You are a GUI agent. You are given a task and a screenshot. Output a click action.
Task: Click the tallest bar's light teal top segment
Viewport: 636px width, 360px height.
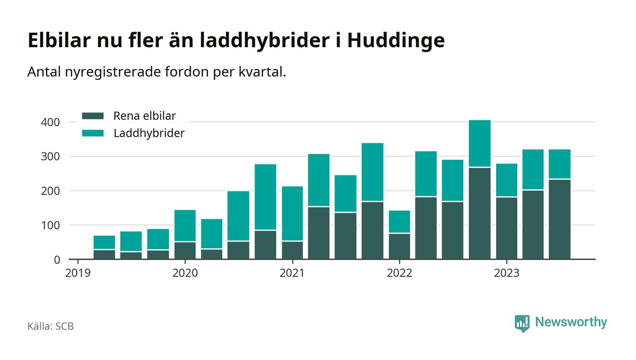pos(480,143)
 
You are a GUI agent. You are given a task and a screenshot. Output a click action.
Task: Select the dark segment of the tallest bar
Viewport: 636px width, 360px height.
pos(480,213)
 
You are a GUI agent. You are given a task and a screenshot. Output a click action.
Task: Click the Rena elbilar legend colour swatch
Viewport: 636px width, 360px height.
pos(93,116)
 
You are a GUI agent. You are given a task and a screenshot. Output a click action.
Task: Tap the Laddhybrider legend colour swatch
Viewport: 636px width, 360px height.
pos(93,133)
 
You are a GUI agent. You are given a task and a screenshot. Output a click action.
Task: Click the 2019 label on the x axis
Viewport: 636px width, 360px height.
pos(78,274)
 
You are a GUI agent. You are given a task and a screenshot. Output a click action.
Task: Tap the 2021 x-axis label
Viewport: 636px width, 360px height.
pos(293,274)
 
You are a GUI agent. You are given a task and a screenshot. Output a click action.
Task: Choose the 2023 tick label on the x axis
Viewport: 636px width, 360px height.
pos(507,274)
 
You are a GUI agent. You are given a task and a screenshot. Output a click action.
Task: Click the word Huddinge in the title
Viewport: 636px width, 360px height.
pos(396,41)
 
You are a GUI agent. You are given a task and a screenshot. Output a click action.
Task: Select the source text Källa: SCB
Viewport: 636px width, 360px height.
pos(50,326)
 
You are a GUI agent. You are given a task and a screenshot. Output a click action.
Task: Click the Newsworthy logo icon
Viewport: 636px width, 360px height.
pos(522,323)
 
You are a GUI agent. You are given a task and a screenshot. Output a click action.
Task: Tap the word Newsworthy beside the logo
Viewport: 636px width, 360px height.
pos(571,322)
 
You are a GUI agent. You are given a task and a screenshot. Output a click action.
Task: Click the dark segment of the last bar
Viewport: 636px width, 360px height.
pos(560,219)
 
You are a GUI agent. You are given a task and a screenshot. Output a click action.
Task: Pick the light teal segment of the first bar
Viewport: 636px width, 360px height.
pos(104,242)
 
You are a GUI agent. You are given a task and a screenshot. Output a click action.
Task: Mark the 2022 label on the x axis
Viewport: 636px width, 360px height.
pos(399,274)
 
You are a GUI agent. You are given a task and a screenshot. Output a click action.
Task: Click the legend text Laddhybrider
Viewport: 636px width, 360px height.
pos(149,133)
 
